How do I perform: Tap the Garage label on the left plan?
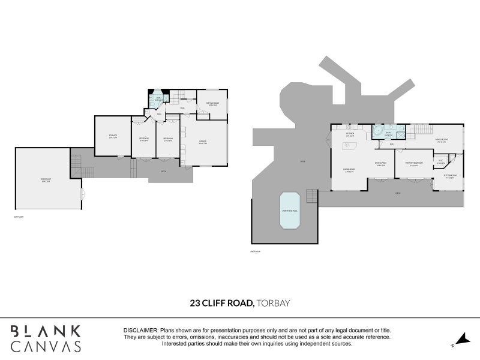[203, 143]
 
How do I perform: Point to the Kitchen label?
[350, 134]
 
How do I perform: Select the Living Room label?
[349, 170]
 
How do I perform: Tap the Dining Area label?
[380, 164]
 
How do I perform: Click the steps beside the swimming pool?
[311, 196]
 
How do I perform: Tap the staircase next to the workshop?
[76, 163]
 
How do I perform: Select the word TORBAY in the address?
[273, 303]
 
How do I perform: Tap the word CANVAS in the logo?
[46, 346]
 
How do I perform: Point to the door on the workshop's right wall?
[83, 194]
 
